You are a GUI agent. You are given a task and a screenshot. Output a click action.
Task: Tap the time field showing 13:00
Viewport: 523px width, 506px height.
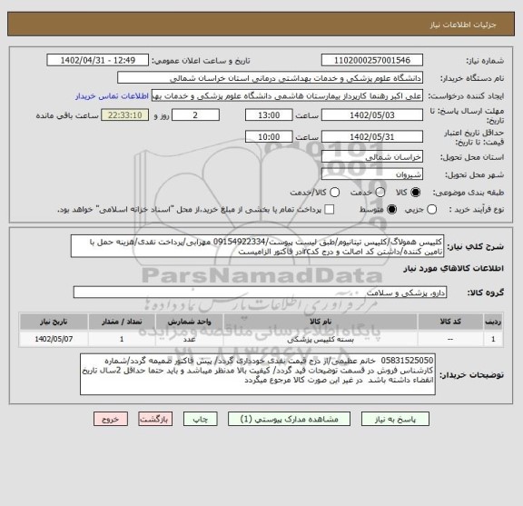269,116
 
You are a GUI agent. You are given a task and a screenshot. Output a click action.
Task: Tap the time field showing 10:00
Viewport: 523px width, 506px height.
269,136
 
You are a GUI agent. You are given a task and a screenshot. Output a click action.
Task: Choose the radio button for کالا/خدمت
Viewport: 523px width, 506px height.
335,193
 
